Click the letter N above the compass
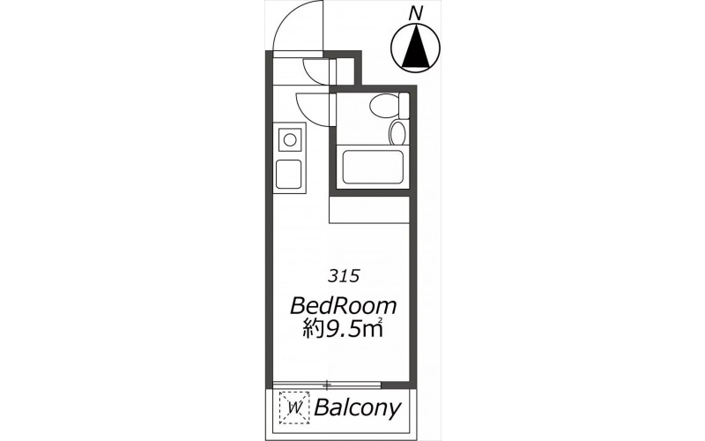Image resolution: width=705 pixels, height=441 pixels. [x=417, y=13]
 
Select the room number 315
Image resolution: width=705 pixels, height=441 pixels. [x=344, y=276]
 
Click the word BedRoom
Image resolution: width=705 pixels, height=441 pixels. [x=344, y=306]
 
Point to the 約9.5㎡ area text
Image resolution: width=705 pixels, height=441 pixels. [x=342, y=330]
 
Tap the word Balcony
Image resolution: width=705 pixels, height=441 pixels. [x=358, y=408]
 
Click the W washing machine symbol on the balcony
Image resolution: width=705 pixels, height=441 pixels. [x=294, y=408]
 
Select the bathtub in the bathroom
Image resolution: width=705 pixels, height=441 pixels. [x=373, y=167]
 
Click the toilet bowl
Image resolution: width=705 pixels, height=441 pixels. [x=384, y=106]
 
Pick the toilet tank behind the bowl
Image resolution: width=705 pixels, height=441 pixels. [x=404, y=105]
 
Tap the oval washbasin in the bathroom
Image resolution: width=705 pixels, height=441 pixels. [x=397, y=133]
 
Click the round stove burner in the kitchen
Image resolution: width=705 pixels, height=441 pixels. [x=290, y=139]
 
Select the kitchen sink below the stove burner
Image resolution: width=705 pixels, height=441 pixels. [x=289, y=174]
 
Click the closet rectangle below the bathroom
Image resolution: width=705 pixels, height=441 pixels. [x=369, y=210]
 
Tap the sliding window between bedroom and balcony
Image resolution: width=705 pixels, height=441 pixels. [x=327, y=385]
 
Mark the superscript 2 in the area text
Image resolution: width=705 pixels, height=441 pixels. [x=381, y=321]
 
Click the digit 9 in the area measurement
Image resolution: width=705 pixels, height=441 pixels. [x=331, y=331]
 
